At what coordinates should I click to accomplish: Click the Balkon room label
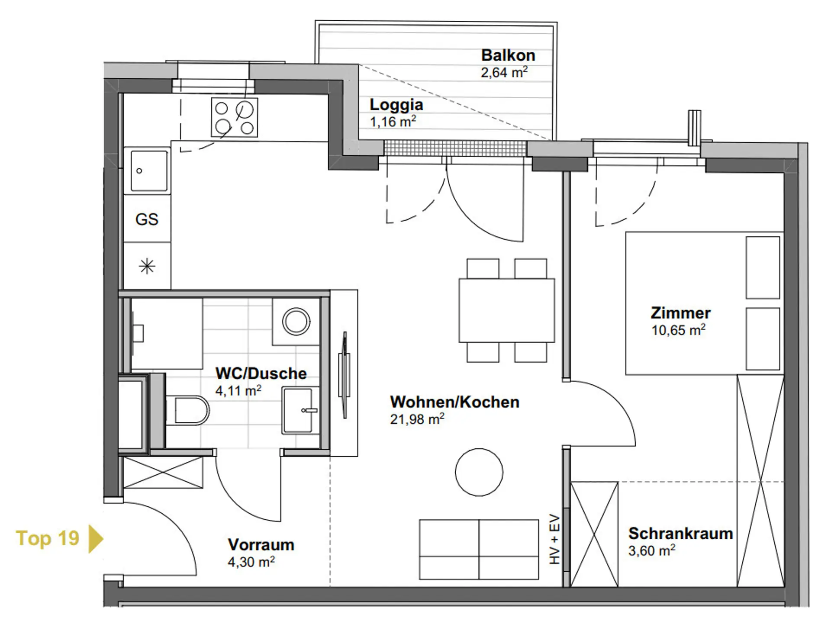click(508, 55)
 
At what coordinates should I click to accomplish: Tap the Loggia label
click(396, 105)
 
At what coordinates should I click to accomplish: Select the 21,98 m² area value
click(417, 419)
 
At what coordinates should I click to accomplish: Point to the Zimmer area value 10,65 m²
click(678, 330)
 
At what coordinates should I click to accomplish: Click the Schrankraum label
click(680, 534)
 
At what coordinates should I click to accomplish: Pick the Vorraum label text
click(261, 545)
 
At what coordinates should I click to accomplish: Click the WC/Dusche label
click(261, 373)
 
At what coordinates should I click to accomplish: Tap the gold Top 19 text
click(48, 538)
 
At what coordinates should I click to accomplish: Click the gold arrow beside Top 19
click(96, 539)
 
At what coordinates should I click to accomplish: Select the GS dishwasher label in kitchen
click(147, 219)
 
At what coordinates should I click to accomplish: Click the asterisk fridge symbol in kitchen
click(147, 266)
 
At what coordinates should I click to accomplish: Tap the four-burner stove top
click(235, 117)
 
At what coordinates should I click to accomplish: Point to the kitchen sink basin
click(149, 171)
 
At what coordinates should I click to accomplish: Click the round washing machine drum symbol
click(296, 322)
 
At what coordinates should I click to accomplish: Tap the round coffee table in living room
click(479, 472)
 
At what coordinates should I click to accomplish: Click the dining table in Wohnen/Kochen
click(507, 310)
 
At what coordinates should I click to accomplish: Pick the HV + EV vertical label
click(554, 539)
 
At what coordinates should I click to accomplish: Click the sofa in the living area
click(479, 549)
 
